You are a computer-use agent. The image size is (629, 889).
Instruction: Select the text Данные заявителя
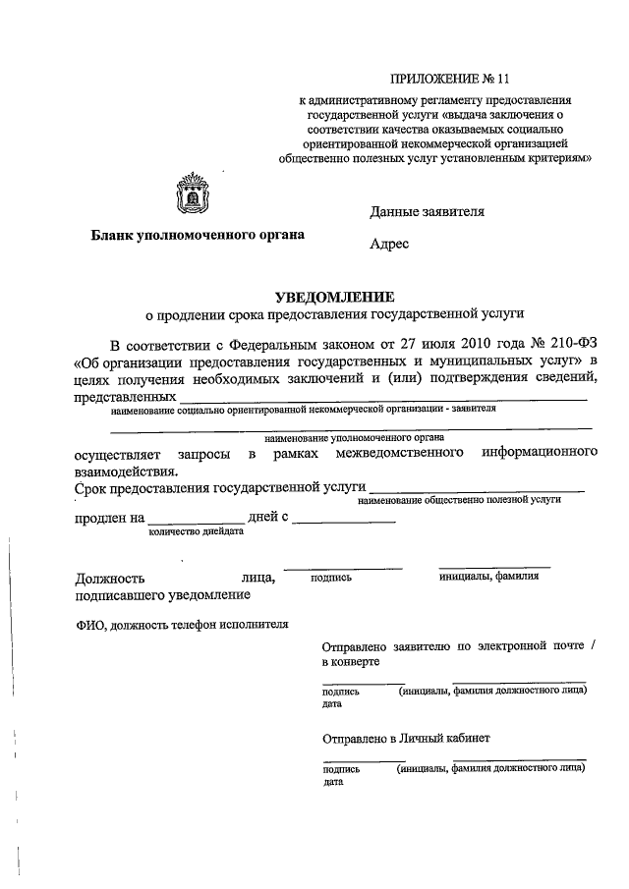click(x=427, y=211)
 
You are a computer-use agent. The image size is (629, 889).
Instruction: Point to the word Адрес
click(x=389, y=245)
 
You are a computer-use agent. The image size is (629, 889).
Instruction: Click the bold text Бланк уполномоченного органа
click(x=198, y=235)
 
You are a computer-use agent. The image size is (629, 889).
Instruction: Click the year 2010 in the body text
click(x=458, y=345)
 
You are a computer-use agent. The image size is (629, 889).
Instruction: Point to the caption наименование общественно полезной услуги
click(x=459, y=500)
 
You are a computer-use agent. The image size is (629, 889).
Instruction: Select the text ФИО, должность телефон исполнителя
click(x=181, y=623)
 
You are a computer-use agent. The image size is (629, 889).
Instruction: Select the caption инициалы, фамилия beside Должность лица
click(x=488, y=577)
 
